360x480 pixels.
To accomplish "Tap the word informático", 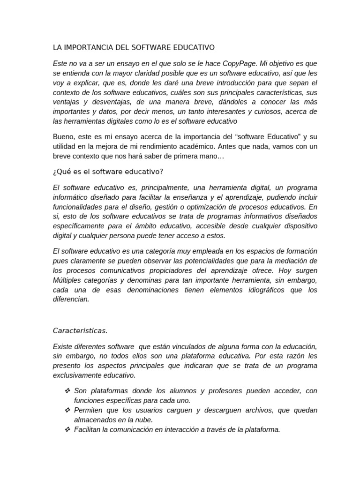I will tap(70, 197).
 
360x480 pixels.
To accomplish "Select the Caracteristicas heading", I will tap(80, 330).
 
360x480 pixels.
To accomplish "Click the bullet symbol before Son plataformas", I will tap(67, 391).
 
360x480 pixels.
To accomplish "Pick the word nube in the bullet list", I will tap(143, 420).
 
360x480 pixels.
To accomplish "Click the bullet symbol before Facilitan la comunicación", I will tap(67, 429).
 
